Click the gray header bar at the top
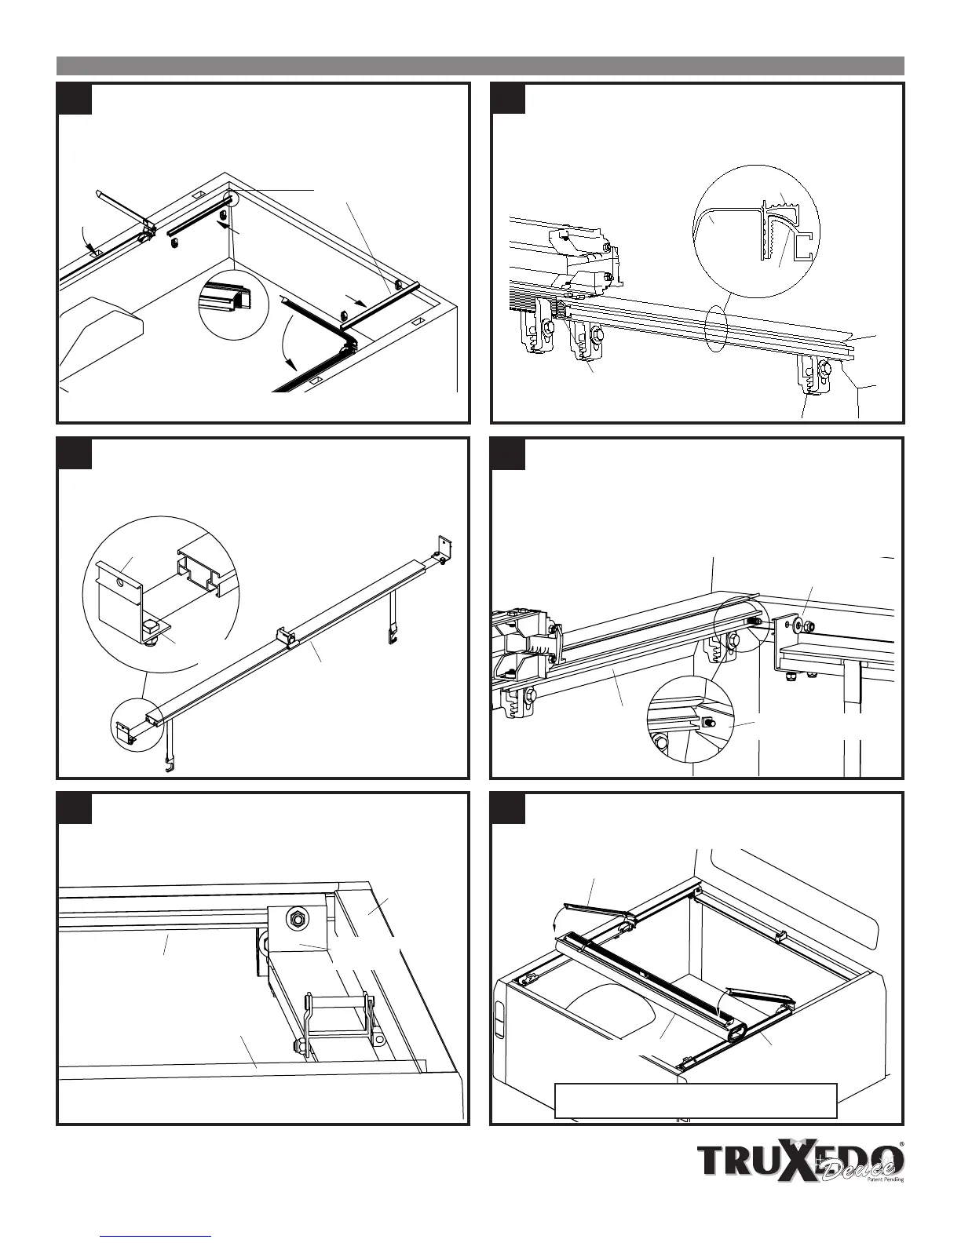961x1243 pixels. click(480, 65)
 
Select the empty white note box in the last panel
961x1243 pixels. click(696, 1100)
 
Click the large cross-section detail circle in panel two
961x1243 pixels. click(757, 231)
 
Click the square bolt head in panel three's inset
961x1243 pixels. click(151, 627)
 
